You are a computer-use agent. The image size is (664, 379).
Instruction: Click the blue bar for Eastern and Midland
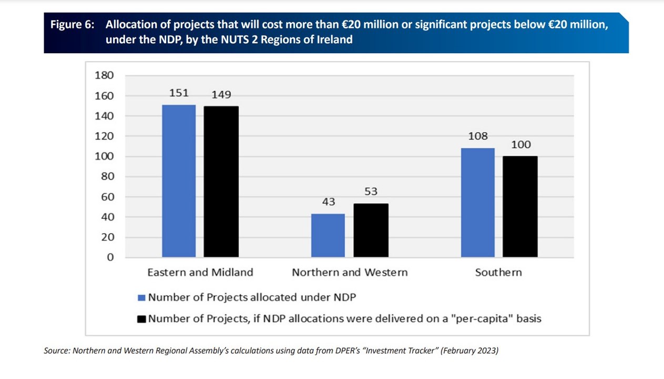coord(179,181)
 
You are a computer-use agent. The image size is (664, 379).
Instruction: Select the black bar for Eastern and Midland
coord(221,182)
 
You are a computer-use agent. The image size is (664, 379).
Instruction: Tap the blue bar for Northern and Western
coord(328,235)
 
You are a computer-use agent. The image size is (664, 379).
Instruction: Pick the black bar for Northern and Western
coord(371,231)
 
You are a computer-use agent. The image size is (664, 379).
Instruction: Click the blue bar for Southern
coord(478,203)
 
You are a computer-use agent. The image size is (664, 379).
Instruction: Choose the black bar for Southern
coord(520,206)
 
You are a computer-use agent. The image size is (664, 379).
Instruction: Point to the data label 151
coord(179,93)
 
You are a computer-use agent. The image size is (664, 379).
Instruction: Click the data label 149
coord(221,95)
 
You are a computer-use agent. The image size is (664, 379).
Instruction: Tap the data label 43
coord(328,202)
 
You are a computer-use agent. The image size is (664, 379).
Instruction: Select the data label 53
coord(371,192)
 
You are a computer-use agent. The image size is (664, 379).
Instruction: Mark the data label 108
coord(478,136)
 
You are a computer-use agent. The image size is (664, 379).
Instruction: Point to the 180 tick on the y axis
coord(104,75)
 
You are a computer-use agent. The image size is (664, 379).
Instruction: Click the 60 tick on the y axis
coord(107,197)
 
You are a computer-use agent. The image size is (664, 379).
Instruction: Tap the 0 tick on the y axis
coord(110,257)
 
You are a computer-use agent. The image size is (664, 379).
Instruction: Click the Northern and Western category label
coord(350,273)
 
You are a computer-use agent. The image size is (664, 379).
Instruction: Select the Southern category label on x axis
coord(498,273)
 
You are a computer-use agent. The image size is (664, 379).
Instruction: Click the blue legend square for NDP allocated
coord(141,298)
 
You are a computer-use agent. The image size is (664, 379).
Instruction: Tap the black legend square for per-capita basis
coord(141,319)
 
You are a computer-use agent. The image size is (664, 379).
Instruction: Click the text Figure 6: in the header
coord(72,25)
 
